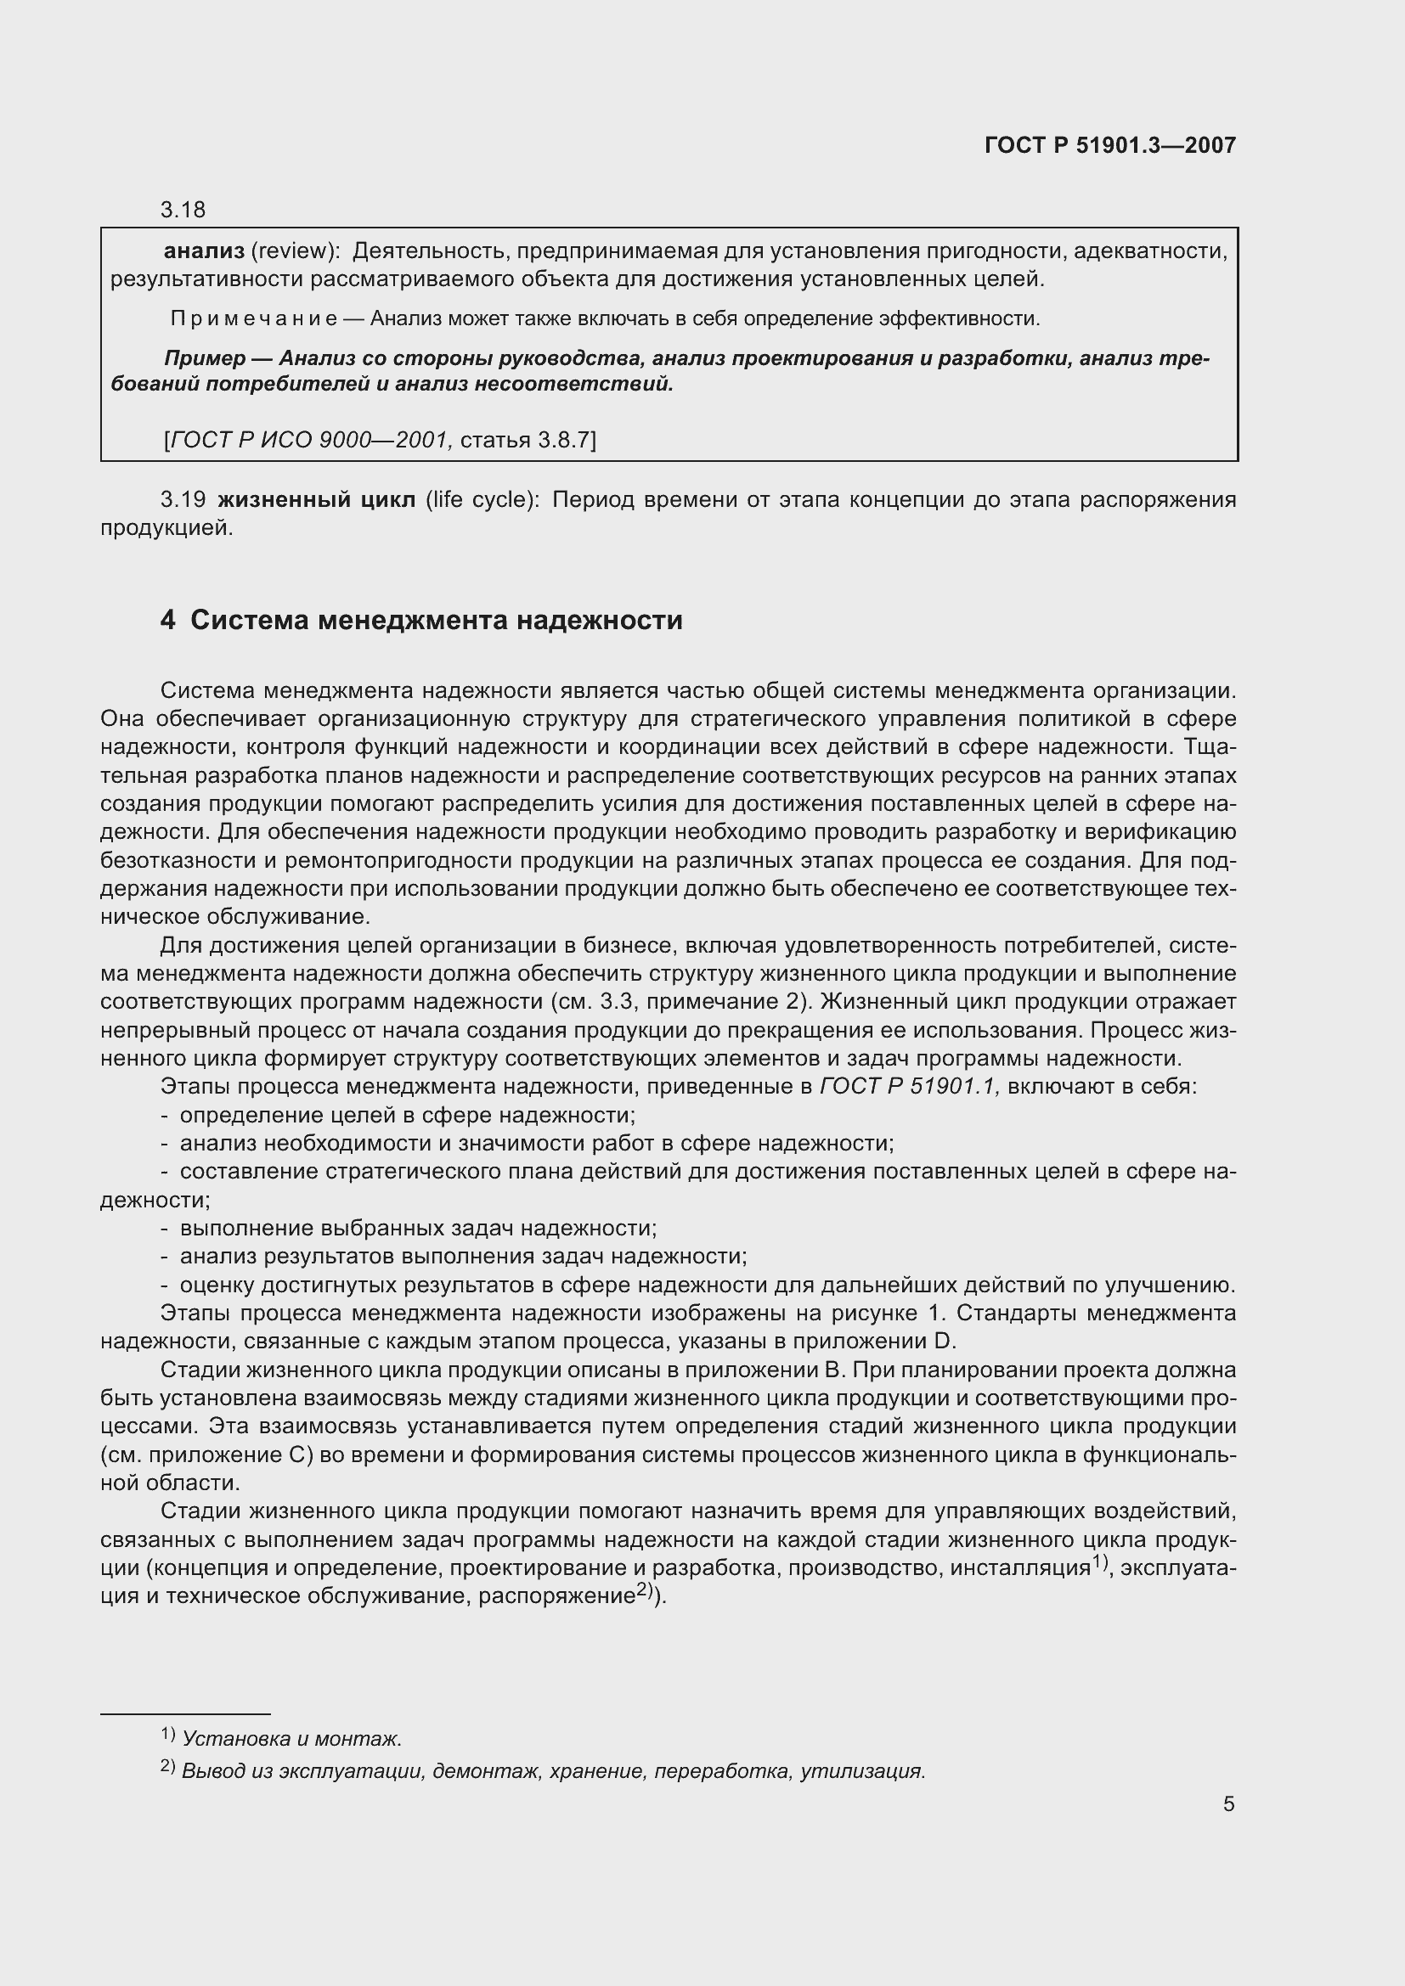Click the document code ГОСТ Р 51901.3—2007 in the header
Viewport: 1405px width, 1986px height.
tap(1110, 145)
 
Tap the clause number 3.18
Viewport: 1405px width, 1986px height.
tap(183, 210)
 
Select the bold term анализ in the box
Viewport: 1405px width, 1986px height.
tap(204, 251)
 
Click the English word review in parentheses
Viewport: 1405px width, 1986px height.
tap(293, 251)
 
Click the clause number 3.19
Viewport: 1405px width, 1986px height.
tap(183, 500)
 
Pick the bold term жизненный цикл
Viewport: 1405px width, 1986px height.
tap(316, 500)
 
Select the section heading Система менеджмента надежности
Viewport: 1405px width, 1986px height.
tap(435, 620)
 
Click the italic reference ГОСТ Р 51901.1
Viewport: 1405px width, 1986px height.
tap(909, 1087)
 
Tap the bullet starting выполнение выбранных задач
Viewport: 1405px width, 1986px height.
tap(418, 1229)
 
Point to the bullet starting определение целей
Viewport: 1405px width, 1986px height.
tap(407, 1115)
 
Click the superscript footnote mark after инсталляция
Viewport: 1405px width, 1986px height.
tap(1099, 1561)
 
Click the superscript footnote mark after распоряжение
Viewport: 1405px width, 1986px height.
tap(646, 1589)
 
